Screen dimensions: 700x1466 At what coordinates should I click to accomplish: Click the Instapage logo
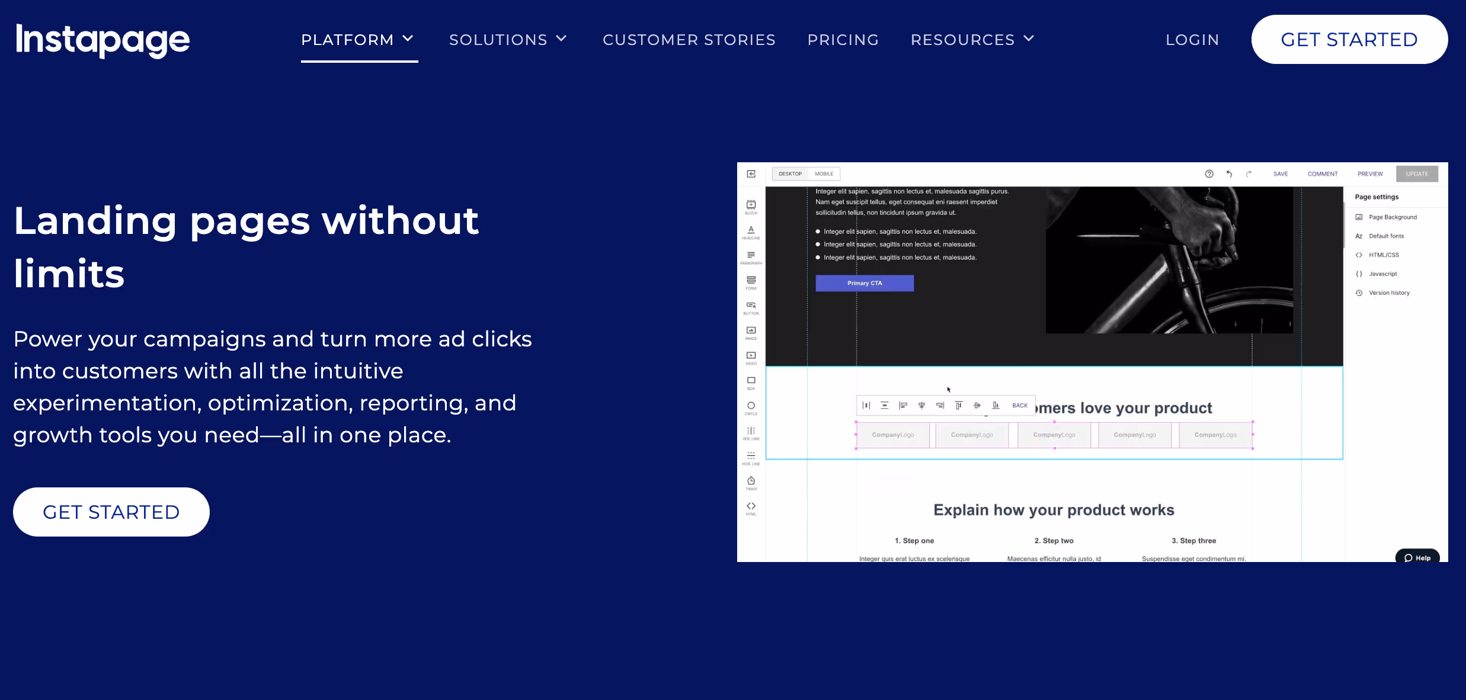coord(103,40)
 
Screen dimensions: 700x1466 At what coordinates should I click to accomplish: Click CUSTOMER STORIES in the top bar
coord(689,40)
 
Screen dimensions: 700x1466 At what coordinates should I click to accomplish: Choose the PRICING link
coord(843,40)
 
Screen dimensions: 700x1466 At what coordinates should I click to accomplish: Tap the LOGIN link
coord(1192,40)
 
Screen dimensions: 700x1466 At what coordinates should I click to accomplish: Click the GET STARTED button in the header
coord(1349,40)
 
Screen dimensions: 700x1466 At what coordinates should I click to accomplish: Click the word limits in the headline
coord(69,274)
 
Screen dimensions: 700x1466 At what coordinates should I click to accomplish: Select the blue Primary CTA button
coord(865,283)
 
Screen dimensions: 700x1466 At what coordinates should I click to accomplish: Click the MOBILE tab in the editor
coord(824,174)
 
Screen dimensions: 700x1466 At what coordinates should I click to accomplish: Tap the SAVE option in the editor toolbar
coord(1280,174)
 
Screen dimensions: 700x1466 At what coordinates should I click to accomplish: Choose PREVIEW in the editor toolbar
coord(1370,174)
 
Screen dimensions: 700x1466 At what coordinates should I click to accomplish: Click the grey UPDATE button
coord(1417,174)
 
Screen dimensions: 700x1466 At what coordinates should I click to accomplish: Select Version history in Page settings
coord(1389,293)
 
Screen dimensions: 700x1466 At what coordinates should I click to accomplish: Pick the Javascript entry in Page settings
coord(1382,274)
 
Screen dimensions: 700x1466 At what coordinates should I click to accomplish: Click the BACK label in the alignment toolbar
coord(1020,406)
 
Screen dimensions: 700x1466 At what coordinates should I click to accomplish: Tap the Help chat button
coord(1417,558)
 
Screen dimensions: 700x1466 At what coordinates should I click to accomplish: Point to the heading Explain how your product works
coord(1054,510)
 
